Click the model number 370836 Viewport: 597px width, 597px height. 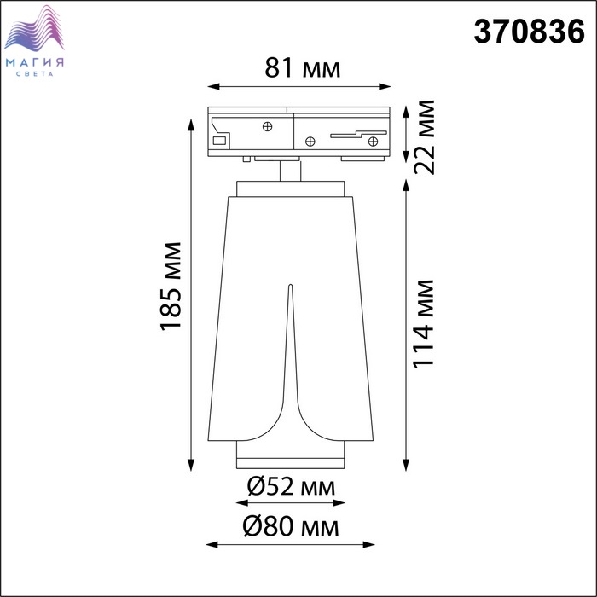[x=529, y=32]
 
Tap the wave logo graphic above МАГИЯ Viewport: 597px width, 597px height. [x=34, y=28]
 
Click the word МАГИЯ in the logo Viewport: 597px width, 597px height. [x=35, y=62]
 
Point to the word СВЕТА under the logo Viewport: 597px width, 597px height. [x=35, y=74]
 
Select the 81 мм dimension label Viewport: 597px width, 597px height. [x=302, y=68]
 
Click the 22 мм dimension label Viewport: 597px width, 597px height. [x=424, y=137]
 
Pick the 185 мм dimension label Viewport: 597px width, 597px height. [x=171, y=286]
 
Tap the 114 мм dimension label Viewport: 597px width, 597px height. [x=424, y=324]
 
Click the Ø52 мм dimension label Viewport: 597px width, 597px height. [x=292, y=487]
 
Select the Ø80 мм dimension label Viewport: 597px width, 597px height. [x=291, y=527]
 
